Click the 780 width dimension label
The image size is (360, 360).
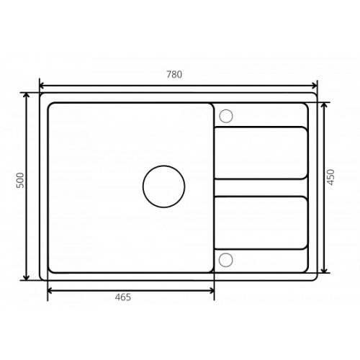pyautogui.click(x=174, y=74)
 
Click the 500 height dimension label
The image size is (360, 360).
pyautogui.click(x=20, y=180)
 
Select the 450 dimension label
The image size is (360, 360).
pyautogui.click(x=330, y=177)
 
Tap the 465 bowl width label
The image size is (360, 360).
pyautogui.click(x=123, y=297)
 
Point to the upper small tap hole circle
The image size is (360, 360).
pyautogui.click(x=226, y=116)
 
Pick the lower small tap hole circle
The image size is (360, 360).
pyautogui.click(x=226, y=260)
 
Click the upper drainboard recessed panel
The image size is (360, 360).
pyautogui.click(x=261, y=153)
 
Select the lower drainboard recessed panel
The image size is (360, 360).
pyautogui.click(x=261, y=222)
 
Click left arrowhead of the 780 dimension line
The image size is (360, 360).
pyautogui.click(x=41, y=86)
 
